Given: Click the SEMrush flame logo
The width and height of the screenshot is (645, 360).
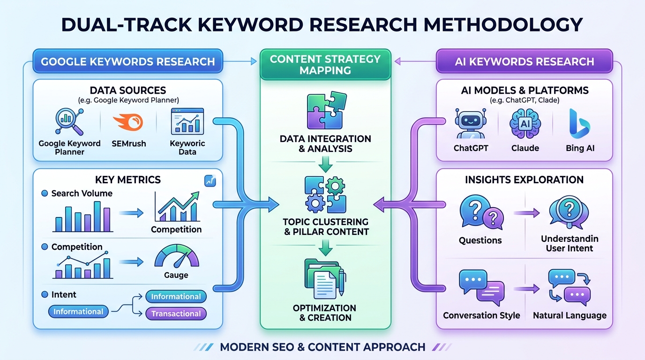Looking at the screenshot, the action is point(128,122).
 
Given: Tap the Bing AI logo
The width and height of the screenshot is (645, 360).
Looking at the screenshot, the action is point(579,124).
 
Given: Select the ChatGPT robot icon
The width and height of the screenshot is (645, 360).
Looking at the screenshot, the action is point(471,123).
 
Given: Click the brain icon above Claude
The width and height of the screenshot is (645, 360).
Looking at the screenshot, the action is point(525,124).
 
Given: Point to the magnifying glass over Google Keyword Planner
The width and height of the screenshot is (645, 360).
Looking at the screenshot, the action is point(69,122).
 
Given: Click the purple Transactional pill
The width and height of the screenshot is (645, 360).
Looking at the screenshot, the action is point(176,314).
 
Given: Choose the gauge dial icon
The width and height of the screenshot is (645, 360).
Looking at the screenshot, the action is point(177,256).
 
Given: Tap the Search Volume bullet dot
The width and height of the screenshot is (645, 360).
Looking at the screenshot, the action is point(45,193).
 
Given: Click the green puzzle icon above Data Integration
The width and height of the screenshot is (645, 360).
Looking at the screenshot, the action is point(327,110).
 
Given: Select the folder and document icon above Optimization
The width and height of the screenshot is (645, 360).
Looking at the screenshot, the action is point(325,279).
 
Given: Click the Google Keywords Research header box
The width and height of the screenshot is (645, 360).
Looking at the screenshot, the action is point(128,61).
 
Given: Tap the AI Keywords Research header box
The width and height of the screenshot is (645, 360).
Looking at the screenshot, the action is point(525,61).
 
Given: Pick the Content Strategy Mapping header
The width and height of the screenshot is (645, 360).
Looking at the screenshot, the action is point(325,65).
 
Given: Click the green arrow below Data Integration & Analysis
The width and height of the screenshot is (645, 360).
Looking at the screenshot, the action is point(326,164).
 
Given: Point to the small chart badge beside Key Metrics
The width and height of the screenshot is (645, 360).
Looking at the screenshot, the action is point(210,181).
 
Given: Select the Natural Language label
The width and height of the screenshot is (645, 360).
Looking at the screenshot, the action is point(570,315).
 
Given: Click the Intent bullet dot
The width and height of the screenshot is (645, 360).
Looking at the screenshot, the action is point(45,294).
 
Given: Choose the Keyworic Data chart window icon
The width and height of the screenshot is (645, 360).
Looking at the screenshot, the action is point(187,121).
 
